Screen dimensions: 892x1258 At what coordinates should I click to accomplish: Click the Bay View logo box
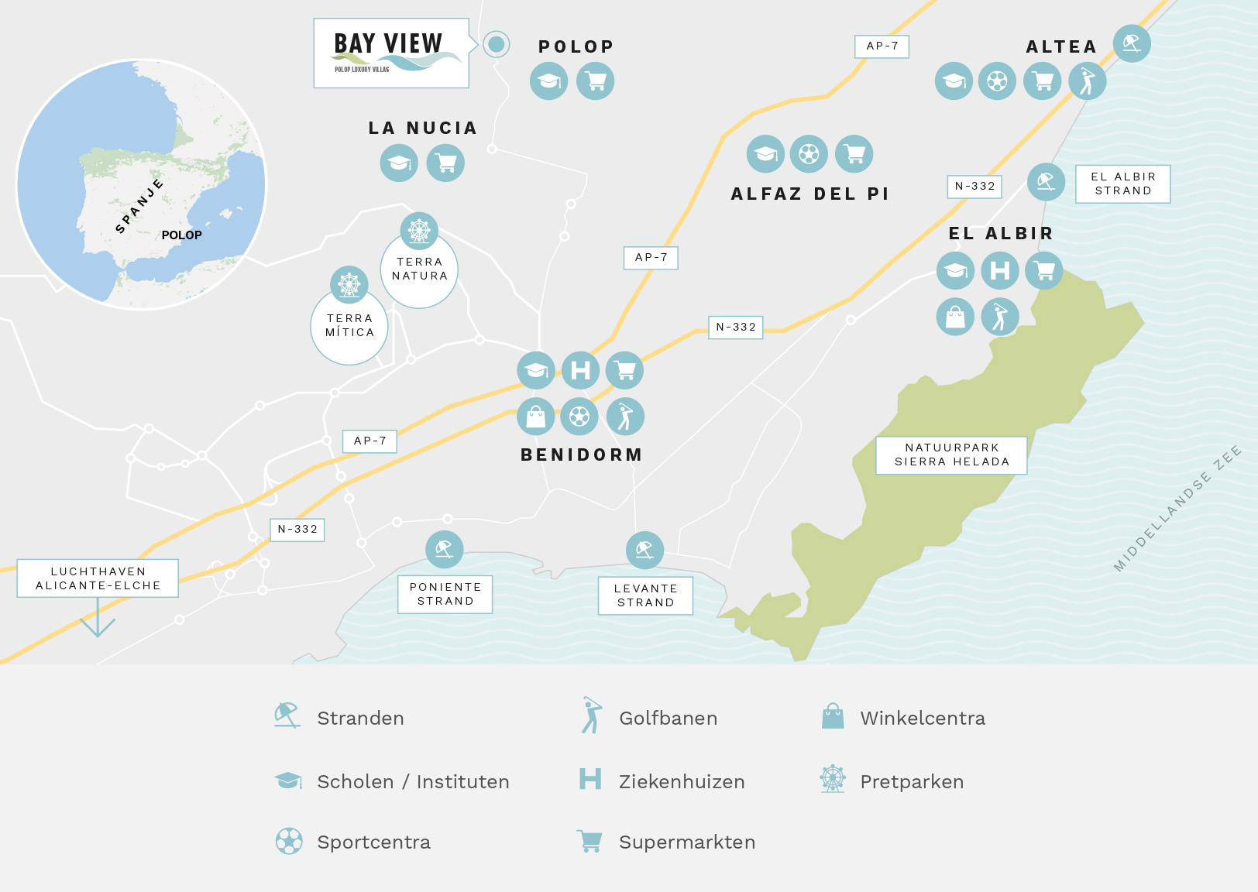click(391, 53)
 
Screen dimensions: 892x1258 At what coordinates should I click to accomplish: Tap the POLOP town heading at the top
click(576, 46)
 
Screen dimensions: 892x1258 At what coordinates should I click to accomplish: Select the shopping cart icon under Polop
click(596, 81)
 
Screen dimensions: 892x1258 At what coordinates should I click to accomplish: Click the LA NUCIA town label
click(423, 128)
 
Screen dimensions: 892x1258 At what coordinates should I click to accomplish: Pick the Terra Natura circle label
click(419, 269)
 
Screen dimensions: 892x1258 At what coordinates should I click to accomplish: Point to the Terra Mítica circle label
click(349, 325)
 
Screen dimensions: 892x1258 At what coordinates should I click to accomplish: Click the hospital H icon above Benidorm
click(581, 370)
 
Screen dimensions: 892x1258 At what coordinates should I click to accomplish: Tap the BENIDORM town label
click(582, 455)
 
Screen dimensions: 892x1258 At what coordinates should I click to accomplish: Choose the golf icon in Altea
click(1088, 81)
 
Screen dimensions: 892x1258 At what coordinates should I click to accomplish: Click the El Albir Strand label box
click(1123, 184)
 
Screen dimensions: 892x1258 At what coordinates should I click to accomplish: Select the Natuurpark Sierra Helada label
click(952, 455)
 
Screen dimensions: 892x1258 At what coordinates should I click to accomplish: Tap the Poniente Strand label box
click(445, 594)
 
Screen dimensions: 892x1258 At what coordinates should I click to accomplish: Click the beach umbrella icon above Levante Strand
click(644, 551)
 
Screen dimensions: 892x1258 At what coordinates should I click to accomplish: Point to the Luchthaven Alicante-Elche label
click(98, 578)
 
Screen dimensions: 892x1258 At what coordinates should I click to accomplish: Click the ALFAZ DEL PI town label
click(810, 194)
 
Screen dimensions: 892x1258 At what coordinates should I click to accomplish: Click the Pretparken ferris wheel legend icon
click(833, 779)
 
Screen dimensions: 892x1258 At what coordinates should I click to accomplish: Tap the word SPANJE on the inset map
click(139, 205)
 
